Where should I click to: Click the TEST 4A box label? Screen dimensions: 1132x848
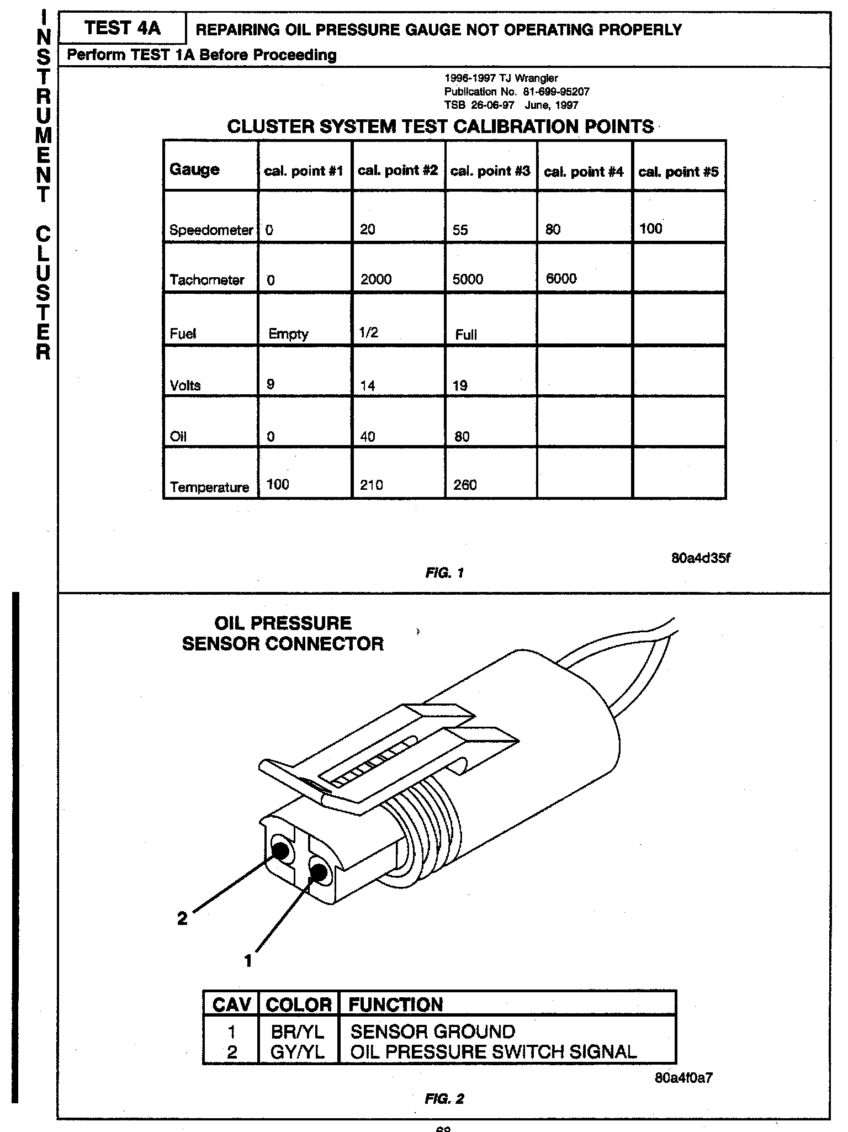[x=122, y=28]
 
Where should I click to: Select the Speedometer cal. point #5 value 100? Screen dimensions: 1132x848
[x=650, y=229]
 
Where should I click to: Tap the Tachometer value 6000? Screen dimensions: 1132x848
[x=561, y=278]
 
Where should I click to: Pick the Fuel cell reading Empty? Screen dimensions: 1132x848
[x=288, y=334]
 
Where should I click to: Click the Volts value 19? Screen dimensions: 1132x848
[x=460, y=385]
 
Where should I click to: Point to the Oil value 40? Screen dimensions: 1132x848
[x=367, y=437]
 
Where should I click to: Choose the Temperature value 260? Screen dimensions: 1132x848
[x=465, y=485]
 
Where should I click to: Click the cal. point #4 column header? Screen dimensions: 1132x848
[x=584, y=172]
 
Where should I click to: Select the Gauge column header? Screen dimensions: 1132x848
[x=194, y=170]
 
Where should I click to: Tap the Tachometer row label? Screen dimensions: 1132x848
[x=207, y=280]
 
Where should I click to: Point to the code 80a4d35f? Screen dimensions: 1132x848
[x=701, y=558]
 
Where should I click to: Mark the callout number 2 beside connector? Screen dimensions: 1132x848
[x=182, y=918]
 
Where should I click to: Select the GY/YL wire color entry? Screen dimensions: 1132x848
[x=298, y=1052]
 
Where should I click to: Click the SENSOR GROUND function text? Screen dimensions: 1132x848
[x=433, y=1032]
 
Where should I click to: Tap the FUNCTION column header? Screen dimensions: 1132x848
[x=395, y=1004]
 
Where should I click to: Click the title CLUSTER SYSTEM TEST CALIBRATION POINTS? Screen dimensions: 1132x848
[x=440, y=126]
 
